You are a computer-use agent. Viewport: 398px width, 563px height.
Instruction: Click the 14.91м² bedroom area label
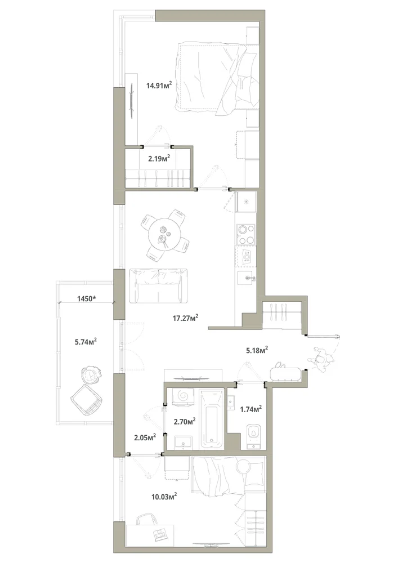pyautogui.click(x=159, y=86)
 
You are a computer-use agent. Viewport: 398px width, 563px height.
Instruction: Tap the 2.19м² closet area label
pyautogui.click(x=159, y=158)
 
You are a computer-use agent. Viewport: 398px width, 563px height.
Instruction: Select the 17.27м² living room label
pyautogui.click(x=186, y=318)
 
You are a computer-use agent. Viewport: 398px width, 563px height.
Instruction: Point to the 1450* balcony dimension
pyautogui.click(x=87, y=298)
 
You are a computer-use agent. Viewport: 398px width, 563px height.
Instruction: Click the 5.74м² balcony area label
pyautogui.click(x=86, y=342)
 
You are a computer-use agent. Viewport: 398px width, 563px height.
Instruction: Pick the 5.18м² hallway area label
pyautogui.click(x=257, y=350)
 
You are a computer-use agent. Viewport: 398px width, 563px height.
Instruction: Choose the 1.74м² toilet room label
pyautogui.click(x=251, y=409)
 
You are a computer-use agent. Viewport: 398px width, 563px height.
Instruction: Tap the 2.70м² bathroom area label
pyautogui.click(x=185, y=421)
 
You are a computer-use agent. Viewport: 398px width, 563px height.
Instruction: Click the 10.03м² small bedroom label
pyautogui.click(x=164, y=497)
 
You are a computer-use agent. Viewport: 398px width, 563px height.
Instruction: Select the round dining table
pyautogui.click(x=165, y=235)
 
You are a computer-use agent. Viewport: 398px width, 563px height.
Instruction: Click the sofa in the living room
pyautogui.click(x=158, y=285)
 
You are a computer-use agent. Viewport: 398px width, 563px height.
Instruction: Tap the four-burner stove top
pyautogui.click(x=245, y=234)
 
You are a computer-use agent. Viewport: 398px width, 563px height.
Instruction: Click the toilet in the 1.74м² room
pyautogui.click(x=254, y=435)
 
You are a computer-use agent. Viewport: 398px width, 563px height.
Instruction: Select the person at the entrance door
pyautogui.click(x=322, y=359)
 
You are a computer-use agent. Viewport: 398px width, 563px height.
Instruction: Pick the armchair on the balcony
pyautogui.click(x=87, y=400)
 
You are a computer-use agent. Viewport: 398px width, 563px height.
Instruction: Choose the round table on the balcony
pyautogui.click(x=90, y=374)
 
